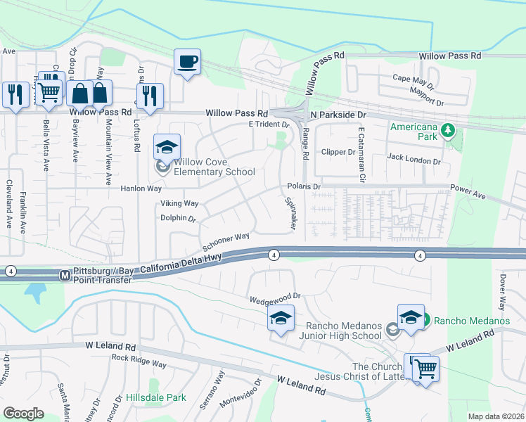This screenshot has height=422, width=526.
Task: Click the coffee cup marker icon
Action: [187, 62]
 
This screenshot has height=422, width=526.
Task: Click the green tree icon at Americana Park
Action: [446, 130]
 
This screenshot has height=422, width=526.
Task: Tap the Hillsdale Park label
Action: [156, 397]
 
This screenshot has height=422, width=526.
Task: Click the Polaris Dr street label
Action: [304, 186]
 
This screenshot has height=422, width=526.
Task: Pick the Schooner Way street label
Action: [226, 243]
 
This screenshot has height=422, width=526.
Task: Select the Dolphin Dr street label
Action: [178, 218]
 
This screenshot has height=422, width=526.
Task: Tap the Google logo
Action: [23, 414]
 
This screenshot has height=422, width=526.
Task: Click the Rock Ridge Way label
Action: [139, 362]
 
